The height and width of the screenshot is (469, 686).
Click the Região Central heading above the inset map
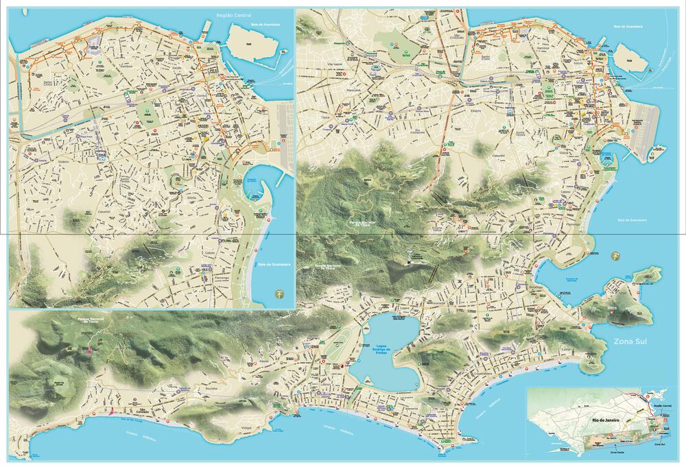tap(233, 14)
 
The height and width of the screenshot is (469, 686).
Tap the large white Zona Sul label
tap(631, 341)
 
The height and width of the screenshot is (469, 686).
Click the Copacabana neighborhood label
tap(508, 350)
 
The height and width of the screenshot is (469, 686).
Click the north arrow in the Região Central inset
tap(279, 293)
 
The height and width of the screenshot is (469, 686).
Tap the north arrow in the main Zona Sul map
tap(616, 254)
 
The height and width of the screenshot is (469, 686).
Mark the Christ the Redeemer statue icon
tap(411, 258)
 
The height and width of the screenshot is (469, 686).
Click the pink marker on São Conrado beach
tap(110, 413)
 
